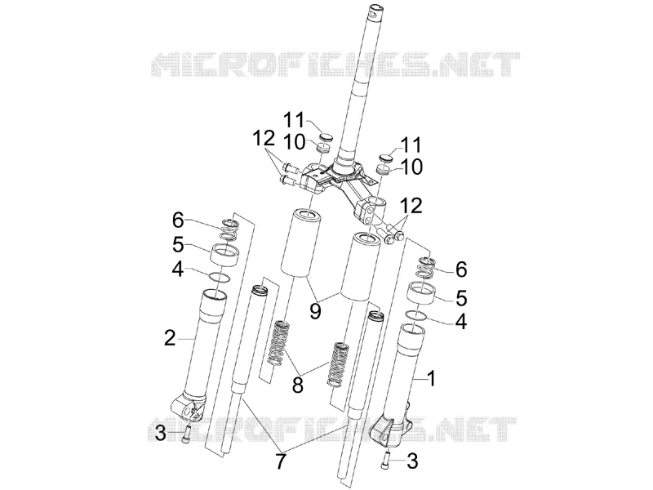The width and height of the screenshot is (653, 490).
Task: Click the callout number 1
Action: click(432, 379)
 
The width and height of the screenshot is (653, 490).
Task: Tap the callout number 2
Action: click(170, 338)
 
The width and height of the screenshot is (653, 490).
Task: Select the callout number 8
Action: click(297, 385)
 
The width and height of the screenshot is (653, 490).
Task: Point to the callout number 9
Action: click(315, 310)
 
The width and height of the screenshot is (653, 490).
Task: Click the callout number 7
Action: click(280, 461)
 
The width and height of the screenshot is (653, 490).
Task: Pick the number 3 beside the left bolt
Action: click(161, 434)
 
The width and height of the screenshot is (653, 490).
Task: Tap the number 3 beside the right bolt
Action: click(412, 461)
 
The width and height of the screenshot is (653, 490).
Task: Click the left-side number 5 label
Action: click(178, 245)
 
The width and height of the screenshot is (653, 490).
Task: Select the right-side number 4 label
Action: click(461, 321)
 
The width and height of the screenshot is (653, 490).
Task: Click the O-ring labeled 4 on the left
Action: click(219, 277)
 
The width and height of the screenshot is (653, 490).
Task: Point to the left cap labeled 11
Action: click(326, 137)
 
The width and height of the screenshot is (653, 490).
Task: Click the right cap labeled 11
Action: click(386, 158)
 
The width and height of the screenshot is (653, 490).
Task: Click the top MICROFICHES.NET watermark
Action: click(335, 65)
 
